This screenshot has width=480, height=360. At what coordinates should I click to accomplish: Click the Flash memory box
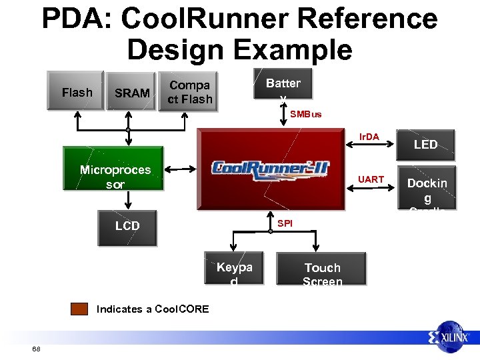coord(77,91)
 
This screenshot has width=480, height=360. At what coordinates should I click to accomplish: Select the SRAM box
coord(131,92)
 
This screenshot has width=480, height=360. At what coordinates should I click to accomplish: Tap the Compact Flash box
coord(190,92)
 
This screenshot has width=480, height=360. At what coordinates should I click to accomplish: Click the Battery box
coord(283,85)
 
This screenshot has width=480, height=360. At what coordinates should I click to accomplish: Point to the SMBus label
coord(305,114)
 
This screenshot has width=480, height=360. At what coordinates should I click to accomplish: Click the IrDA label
coord(369,137)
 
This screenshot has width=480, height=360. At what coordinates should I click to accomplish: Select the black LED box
coord(425,144)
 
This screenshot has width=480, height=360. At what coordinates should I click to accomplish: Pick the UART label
coord(371,179)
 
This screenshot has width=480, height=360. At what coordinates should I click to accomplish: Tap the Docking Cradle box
coord(427,189)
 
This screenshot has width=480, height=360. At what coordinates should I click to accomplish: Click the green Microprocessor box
coord(115,176)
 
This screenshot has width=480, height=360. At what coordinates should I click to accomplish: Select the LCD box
coord(127,225)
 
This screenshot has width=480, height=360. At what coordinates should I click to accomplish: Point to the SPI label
coord(285,223)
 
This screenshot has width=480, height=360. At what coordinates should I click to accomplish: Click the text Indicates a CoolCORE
coord(153,309)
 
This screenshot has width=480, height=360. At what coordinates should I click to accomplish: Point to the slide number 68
coord(36,349)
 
